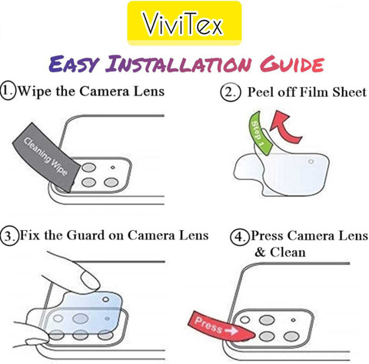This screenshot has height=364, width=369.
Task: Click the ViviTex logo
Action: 184,23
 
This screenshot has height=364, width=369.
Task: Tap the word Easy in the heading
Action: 74,64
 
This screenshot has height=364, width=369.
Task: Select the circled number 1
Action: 8,91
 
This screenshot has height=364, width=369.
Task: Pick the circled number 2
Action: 231,92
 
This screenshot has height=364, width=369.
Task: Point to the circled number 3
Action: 9,235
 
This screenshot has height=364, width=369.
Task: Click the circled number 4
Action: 240,236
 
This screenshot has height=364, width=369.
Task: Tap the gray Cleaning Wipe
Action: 46,157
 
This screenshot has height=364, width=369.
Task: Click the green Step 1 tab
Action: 259,132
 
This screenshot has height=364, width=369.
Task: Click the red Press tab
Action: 221,327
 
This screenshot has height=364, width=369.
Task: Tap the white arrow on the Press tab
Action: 231,331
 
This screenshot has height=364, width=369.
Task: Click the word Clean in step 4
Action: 288,252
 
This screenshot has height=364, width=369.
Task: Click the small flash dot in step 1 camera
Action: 113,168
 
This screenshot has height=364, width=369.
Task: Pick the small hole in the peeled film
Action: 311,162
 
